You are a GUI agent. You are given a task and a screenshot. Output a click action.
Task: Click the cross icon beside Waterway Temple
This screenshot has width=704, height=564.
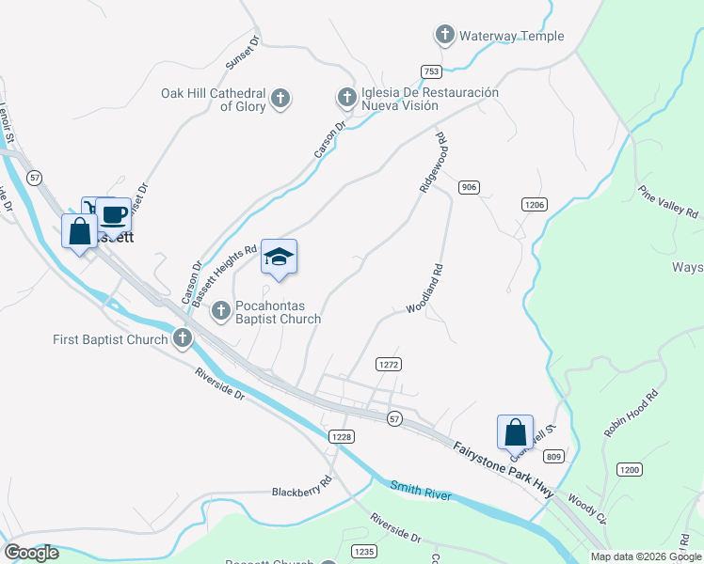click(x=445, y=37)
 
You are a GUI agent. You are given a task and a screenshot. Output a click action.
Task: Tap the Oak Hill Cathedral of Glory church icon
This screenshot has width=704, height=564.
click(x=280, y=99)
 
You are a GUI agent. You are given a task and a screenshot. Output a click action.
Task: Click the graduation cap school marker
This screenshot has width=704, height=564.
click(x=279, y=258)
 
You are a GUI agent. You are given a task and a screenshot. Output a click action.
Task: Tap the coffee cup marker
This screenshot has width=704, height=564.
click(x=114, y=215)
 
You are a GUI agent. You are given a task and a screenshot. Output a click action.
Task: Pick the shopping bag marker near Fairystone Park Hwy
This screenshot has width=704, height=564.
click(x=515, y=432)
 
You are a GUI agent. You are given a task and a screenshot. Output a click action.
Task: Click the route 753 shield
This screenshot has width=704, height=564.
click(x=431, y=71)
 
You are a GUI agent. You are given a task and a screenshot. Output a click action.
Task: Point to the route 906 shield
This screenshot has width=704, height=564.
click(x=470, y=188)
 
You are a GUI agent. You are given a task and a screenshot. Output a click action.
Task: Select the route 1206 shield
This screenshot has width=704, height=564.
click(x=535, y=204)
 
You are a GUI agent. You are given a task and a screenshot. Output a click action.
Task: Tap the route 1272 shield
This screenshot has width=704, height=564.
click(x=389, y=363)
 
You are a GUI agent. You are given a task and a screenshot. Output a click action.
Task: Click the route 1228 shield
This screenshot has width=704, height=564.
click(x=342, y=436)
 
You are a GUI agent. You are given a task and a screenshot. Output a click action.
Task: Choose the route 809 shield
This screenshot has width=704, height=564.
click(x=553, y=457)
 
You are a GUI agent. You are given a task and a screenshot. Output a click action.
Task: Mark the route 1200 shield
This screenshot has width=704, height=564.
click(x=629, y=468)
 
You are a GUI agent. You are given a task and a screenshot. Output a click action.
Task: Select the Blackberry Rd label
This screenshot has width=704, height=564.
click(x=301, y=492)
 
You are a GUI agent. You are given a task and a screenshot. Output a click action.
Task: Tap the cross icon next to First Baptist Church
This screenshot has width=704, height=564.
click(x=182, y=338)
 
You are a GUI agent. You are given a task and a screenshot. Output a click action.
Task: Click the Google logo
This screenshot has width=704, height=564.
click(x=31, y=553)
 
